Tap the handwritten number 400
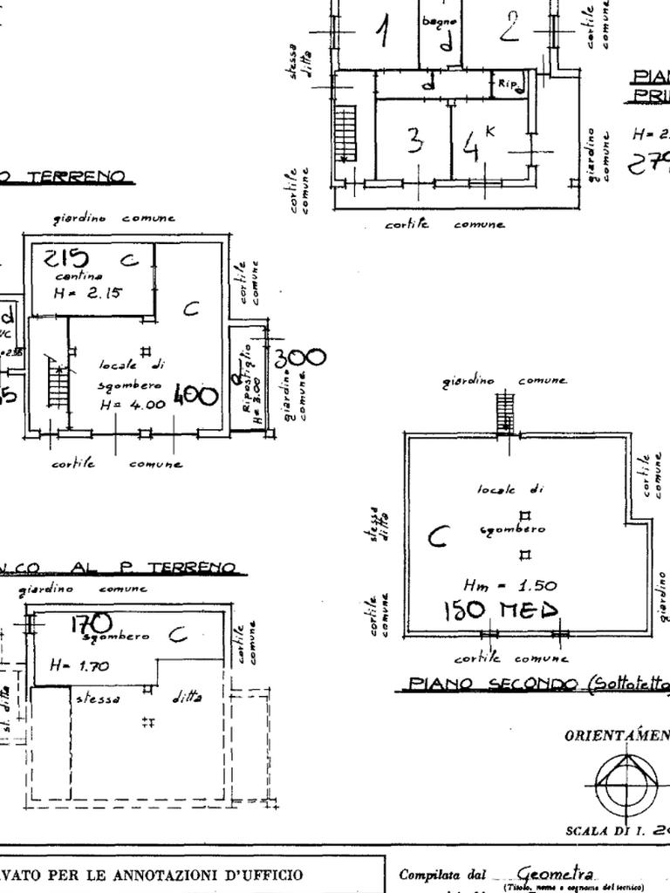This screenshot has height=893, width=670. click(195, 395)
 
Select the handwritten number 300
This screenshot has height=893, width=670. click(299, 358)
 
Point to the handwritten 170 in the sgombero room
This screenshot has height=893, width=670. click(91, 622)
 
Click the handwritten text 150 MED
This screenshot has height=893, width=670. click(500, 610)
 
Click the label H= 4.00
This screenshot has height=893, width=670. click(132, 405)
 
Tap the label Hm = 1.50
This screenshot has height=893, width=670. click(510, 585)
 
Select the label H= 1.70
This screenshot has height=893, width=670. click(79, 666)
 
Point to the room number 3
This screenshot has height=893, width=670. click(415, 140)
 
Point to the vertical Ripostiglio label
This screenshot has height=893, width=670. click(248, 384)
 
